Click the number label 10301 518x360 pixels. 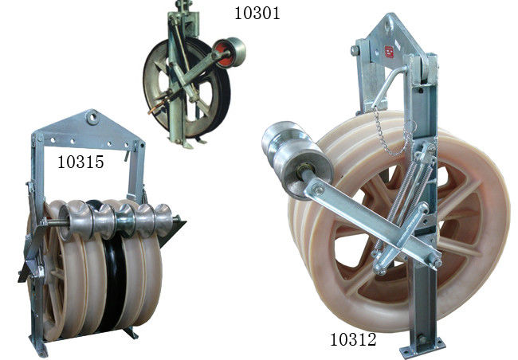tap(257, 13)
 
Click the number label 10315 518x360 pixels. tap(80, 162)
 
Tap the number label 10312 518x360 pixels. tap(353, 339)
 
